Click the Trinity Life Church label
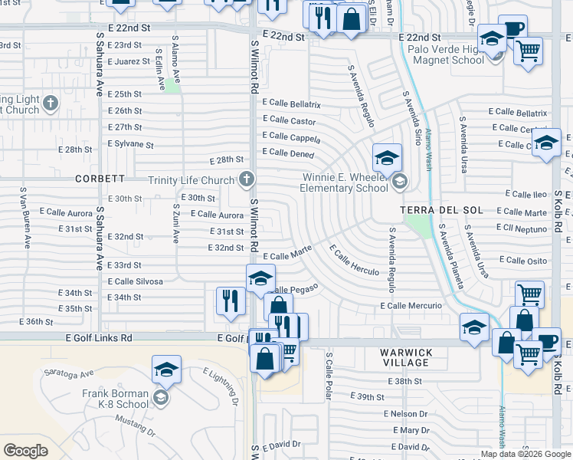(x=192, y=180)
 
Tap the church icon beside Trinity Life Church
(x=246, y=180)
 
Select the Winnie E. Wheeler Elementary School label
(x=344, y=182)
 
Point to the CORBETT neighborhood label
(x=100, y=179)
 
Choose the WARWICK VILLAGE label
(x=406, y=357)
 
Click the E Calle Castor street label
(x=289, y=120)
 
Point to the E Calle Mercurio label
(x=411, y=306)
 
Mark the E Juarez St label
(x=129, y=61)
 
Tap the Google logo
(x=25, y=450)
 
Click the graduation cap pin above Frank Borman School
(x=166, y=370)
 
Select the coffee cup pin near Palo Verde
(x=512, y=29)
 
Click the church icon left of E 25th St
(x=51, y=102)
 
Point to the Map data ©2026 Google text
(x=526, y=454)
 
